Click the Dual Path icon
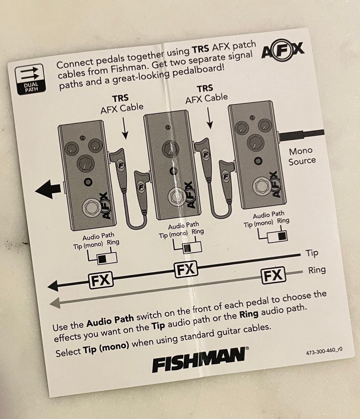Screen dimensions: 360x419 (x=30, y=80)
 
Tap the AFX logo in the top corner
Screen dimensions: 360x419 (x=283, y=50)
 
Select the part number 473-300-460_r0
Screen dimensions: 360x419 (x=324, y=351)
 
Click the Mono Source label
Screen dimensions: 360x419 (x=301, y=156)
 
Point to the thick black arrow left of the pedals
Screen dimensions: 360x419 (x=48, y=189)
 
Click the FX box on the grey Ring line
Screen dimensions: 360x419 (x=273, y=275)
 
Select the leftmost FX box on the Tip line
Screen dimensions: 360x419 (x=100, y=280)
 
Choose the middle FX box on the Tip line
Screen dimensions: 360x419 (x=186, y=269)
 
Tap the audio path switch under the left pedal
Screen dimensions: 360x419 (x=107, y=258)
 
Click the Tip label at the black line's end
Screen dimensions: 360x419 (x=312, y=253)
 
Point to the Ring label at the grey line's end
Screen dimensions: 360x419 (x=317, y=270)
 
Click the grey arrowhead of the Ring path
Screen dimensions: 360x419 (x=55, y=303)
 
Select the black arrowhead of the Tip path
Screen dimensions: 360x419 (x=53, y=286)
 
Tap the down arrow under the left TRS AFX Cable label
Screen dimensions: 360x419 (x=124, y=129)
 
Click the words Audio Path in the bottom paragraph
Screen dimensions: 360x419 (x=110, y=321)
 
